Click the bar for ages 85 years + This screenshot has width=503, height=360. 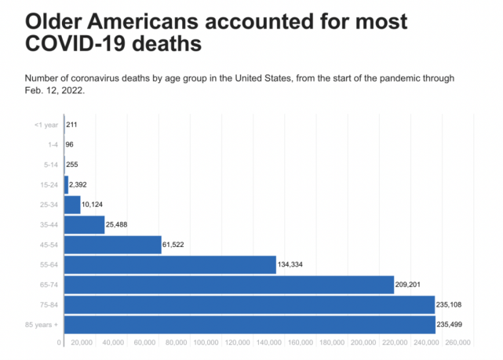point(250,325)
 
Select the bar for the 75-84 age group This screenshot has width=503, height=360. point(249,304)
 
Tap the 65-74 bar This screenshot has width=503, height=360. point(228,284)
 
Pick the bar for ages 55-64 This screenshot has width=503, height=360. point(169,264)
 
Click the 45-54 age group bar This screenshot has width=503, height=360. point(112,245)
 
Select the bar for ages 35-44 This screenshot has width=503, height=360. point(84,224)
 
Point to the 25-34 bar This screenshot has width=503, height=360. point(72,205)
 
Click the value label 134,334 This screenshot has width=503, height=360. point(290,265)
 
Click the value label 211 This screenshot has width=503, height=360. point(71,125)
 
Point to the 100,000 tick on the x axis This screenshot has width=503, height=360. point(206,343)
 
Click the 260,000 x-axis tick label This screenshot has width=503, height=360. point(458,343)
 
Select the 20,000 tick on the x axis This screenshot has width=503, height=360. point(82,343)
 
